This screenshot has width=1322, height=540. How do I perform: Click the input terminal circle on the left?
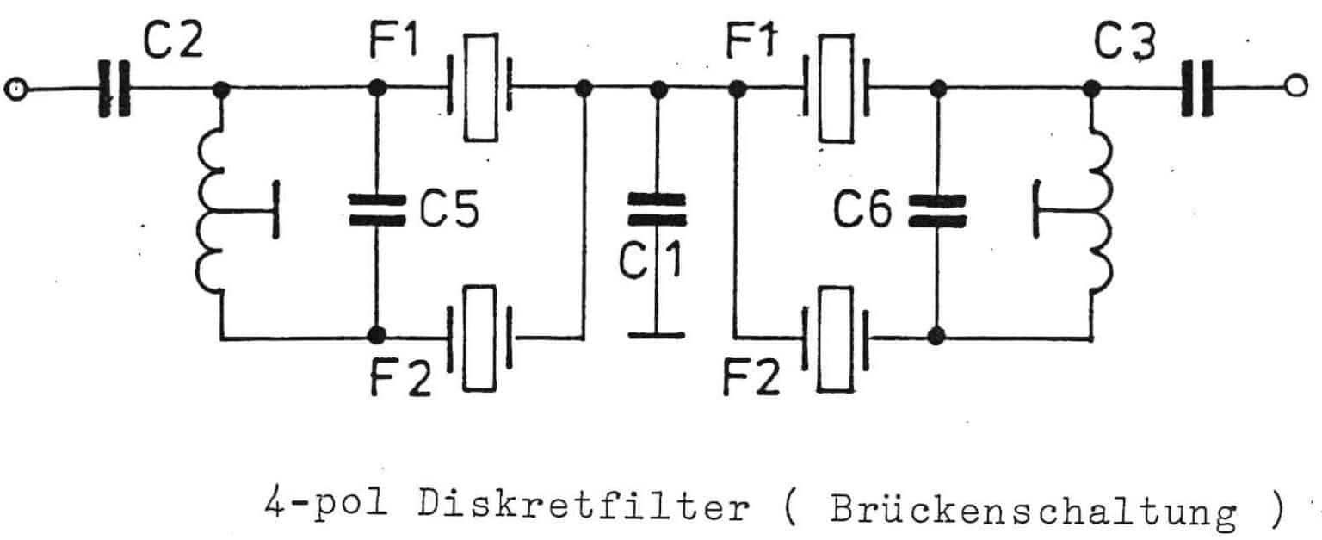click(x=14, y=88)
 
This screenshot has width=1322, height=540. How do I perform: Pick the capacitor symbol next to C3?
click(x=1197, y=88)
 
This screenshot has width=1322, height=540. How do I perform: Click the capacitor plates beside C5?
click(x=376, y=210)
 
